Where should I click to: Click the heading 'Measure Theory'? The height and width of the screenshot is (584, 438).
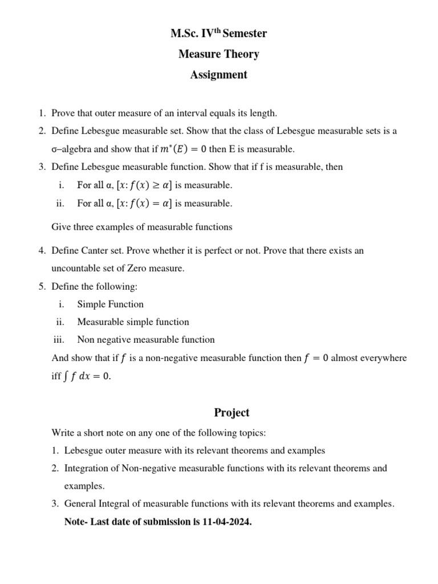pyautogui.click(x=219, y=54)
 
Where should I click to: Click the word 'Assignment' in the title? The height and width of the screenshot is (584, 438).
pyautogui.click(x=219, y=75)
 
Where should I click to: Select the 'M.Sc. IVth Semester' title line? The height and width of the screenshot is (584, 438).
pyautogui.click(x=219, y=34)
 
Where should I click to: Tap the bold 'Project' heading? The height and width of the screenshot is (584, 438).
pyautogui.click(x=232, y=412)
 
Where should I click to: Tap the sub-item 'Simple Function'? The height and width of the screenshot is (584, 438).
pyautogui.click(x=111, y=304)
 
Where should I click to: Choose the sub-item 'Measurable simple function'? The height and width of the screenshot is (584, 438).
pyautogui.click(x=133, y=322)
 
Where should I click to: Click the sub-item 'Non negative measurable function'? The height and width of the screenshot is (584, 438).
pyautogui.click(x=146, y=339)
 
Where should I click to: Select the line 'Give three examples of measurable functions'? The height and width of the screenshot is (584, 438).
pyautogui.click(x=142, y=227)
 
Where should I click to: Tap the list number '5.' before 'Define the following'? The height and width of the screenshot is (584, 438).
pyautogui.click(x=42, y=286)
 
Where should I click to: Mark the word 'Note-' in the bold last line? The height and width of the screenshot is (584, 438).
pyautogui.click(x=77, y=521)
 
